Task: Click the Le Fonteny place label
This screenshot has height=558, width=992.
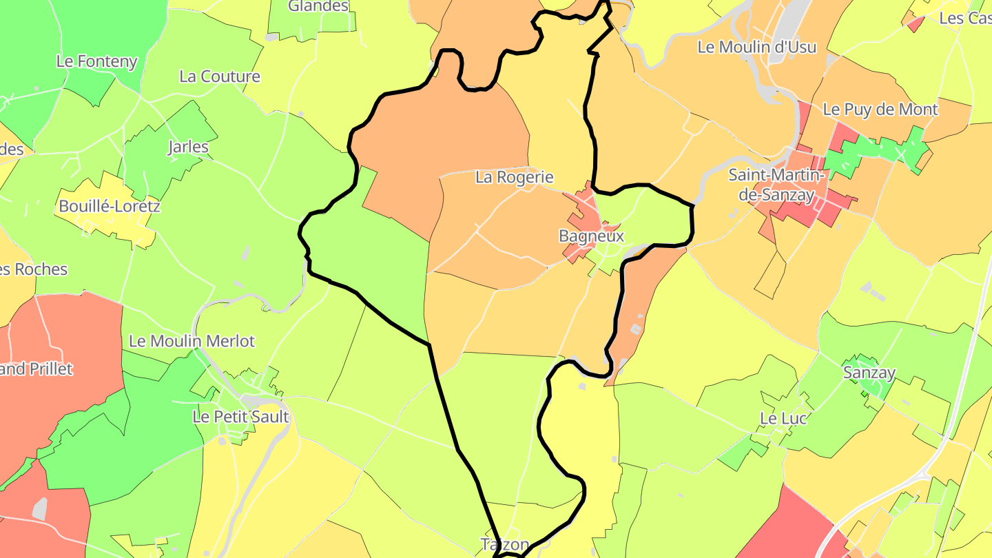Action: pos(96,61)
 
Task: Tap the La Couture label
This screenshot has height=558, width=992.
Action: pos(220,76)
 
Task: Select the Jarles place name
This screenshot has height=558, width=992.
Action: pos(188,147)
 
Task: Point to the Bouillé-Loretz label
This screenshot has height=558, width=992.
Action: pos(110,206)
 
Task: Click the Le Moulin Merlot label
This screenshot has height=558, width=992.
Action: pos(192,341)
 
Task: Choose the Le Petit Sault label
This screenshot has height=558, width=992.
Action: pos(240,417)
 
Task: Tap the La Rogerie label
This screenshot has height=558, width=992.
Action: pos(515,177)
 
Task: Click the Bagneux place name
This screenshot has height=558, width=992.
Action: pos(591,236)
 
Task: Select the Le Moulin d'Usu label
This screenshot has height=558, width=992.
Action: pos(757,47)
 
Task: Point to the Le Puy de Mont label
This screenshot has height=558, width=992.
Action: pos(880,110)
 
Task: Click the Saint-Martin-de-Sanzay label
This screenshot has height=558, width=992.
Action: pos(777,185)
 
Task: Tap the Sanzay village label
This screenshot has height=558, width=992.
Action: pos(869,373)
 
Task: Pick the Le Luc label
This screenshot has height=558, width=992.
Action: pos(783,418)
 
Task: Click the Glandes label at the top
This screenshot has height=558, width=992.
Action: pos(318,6)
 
